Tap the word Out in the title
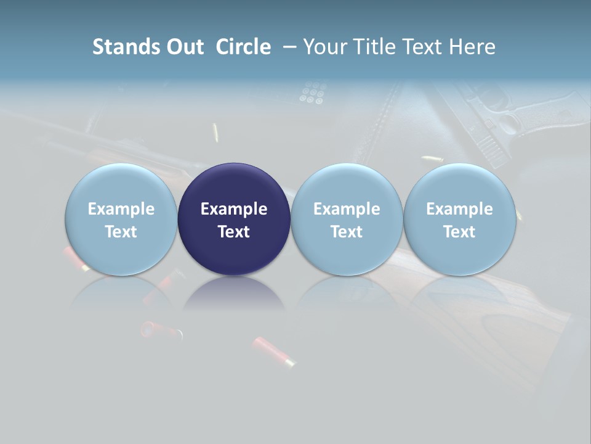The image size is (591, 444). click(183, 47)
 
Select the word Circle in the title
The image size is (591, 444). click(243, 47)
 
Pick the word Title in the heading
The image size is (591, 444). click(376, 47)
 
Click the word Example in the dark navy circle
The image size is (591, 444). click(234, 209)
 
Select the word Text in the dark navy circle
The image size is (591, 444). click(234, 232)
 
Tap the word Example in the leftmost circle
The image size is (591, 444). click(121, 209)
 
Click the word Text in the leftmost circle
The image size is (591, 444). click(121, 232)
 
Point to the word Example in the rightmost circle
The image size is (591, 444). click(459, 209)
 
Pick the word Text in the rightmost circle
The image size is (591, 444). click(459, 232)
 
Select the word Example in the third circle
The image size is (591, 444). click(347, 209)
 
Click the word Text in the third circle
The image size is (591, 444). click(347, 232)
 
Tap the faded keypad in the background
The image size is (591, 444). click(312, 92)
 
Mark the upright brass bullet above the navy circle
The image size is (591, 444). click(215, 133)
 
